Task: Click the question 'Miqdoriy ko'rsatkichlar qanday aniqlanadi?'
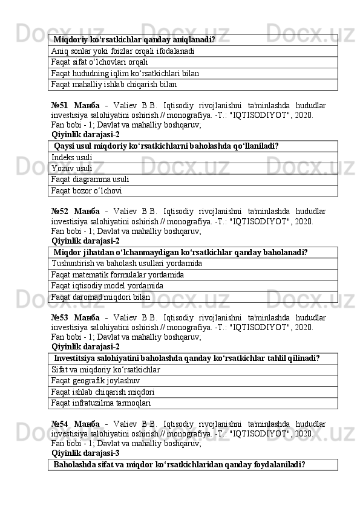[x=134, y=40]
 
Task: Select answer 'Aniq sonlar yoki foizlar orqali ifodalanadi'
[x=123, y=51]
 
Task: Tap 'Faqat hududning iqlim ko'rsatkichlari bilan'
[x=125, y=73]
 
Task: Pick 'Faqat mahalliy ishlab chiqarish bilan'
[x=114, y=84]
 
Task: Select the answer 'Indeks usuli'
[x=72, y=157]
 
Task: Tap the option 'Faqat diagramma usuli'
[x=90, y=180]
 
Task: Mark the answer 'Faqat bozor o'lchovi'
[x=87, y=190]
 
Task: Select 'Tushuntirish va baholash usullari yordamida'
[x=127, y=264]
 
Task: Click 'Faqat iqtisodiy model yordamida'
[x=108, y=286]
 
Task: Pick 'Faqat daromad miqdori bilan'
[x=101, y=297]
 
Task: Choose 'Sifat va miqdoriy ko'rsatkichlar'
[x=106, y=369]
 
